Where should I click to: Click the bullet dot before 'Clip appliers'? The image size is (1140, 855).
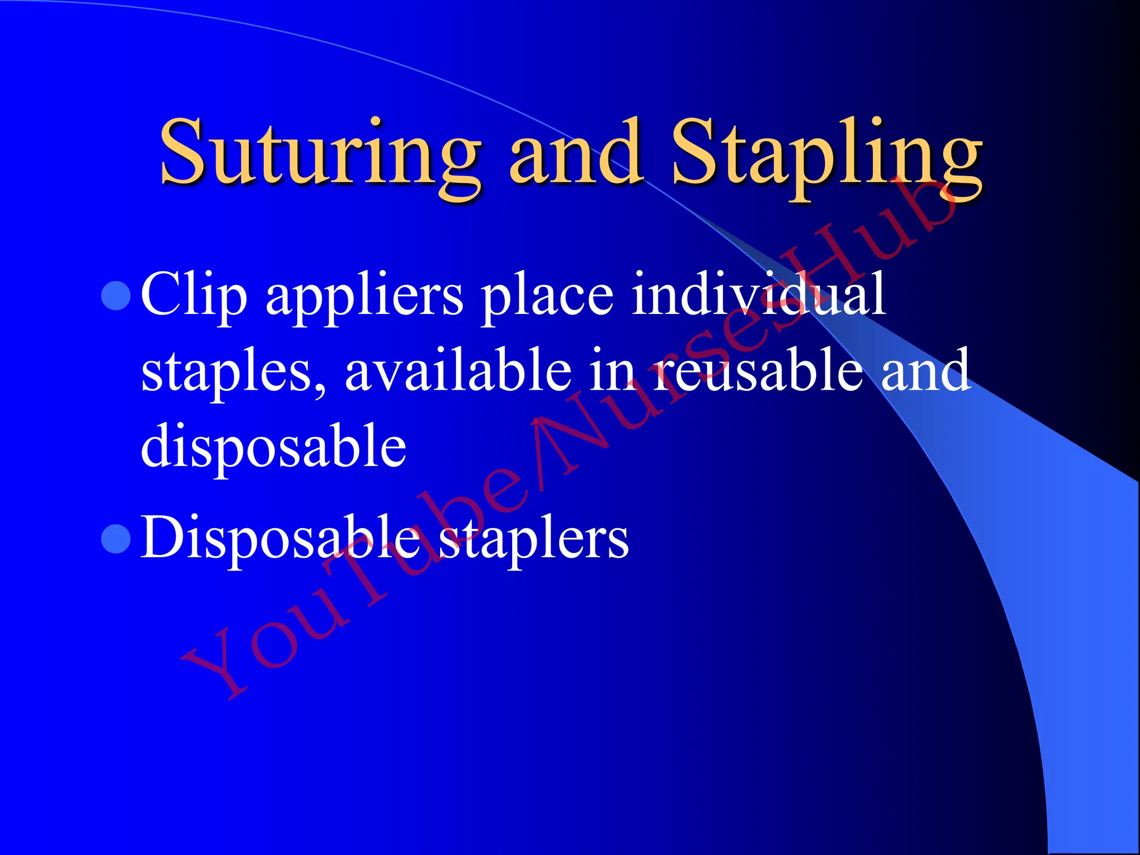[x=116, y=296]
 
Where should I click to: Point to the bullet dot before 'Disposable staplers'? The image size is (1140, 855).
[x=116, y=539]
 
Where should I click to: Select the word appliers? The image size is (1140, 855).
[x=364, y=298]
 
